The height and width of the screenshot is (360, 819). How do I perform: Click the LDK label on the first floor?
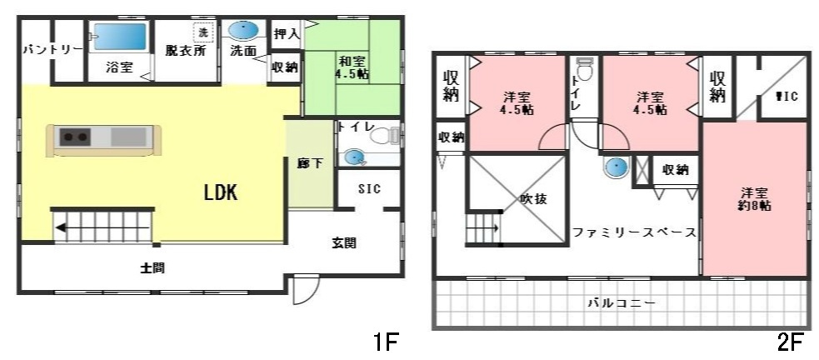[x=222, y=193]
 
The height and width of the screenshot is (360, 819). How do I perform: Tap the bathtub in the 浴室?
[x=119, y=37]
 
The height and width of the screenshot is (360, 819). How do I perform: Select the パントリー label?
[x=52, y=49]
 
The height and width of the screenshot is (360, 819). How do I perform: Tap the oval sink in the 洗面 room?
[x=243, y=31]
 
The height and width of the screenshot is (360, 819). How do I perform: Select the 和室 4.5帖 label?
[x=350, y=67]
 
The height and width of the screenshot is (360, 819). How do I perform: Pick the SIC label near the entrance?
[x=369, y=189]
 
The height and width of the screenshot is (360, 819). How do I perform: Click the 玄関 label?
[x=344, y=243]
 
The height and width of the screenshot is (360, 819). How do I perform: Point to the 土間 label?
[x=151, y=268]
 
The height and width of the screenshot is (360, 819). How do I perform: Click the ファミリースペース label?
[x=634, y=232]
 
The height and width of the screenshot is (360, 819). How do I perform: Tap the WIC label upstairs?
[x=787, y=96]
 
